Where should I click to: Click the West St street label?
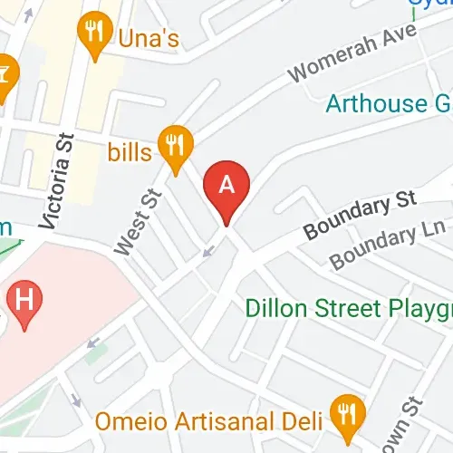pyautogui.click(x=138, y=219)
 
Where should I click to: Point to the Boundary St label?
pyautogui.click(x=361, y=216)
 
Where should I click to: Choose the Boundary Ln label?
pyautogui.click(x=387, y=246)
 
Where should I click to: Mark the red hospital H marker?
pyautogui.click(x=24, y=301)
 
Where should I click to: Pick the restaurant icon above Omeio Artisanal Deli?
pyautogui.click(x=345, y=412)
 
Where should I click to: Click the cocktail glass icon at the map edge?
pyautogui.click(x=5, y=72)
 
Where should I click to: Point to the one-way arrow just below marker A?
pyautogui.click(x=209, y=249)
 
